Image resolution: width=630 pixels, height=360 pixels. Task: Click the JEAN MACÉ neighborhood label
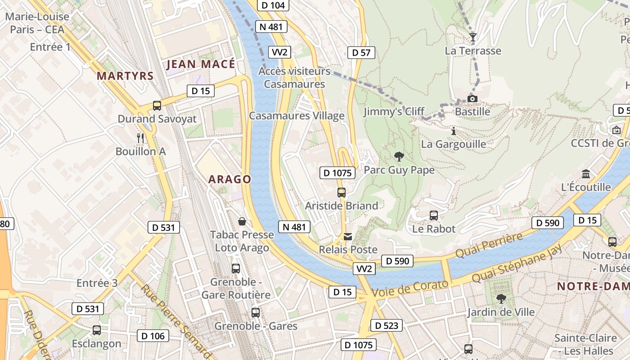[201, 64]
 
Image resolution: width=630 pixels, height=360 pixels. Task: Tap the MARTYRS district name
[125, 76]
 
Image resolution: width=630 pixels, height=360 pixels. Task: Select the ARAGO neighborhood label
[229, 180]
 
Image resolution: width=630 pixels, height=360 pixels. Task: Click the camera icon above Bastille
[472, 99]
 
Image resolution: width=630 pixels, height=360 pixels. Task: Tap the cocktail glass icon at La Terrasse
[472, 37]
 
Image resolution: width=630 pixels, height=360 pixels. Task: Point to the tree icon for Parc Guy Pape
[399, 157]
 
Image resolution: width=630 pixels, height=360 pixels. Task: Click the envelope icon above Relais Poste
[348, 236]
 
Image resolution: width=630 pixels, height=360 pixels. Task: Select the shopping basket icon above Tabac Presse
[242, 221]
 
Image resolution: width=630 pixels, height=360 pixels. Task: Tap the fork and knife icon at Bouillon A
[140, 138]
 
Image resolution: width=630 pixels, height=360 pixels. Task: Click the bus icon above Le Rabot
[434, 216]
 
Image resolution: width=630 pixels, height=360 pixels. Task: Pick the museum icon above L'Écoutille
[586, 174]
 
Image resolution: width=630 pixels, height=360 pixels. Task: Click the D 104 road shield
[273, 5]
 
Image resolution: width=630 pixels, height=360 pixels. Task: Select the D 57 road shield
[361, 53]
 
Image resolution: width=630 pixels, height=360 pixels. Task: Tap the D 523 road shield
[386, 325]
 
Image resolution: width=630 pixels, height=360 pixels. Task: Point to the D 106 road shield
[153, 336]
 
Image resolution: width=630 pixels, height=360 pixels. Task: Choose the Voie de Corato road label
[411, 287]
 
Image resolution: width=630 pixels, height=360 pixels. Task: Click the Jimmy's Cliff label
[394, 112]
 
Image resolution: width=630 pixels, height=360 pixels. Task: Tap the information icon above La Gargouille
[453, 131]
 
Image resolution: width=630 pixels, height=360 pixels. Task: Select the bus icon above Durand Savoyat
[157, 106]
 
